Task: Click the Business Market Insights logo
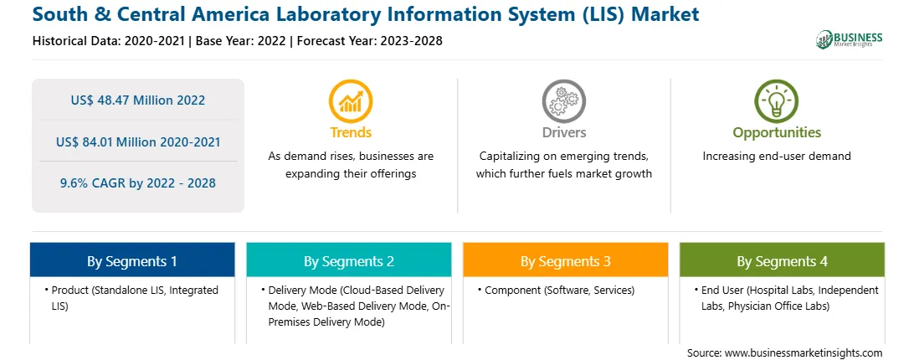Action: point(850,39)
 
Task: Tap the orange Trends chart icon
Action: point(351,101)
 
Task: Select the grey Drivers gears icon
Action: point(563,101)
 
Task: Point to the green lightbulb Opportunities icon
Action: point(777,101)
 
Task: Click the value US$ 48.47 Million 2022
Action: point(138,100)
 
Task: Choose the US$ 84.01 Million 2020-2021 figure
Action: point(138,141)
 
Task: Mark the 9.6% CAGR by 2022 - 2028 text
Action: point(138,183)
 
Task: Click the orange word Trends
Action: point(351,132)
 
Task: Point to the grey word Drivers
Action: point(563,132)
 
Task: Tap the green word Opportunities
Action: point(777,132)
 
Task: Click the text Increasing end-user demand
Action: point(777,157)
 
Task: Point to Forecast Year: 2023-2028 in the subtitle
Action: point(367,41)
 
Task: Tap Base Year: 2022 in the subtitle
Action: point(241,41)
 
